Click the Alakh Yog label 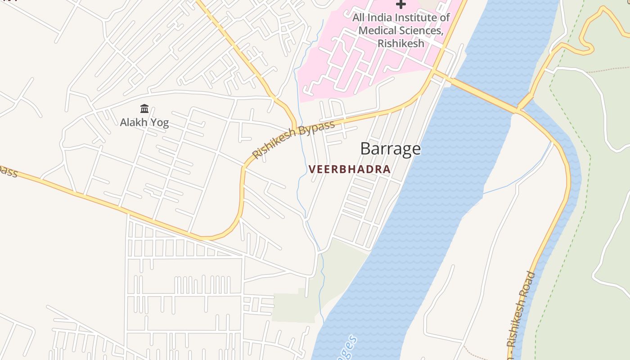point(144,122)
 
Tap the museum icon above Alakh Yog point(144,108)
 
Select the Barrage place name point(390,148)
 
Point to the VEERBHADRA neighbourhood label point(349,170)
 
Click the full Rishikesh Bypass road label point(293,139)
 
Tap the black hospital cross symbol point(400,4)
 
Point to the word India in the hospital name point(382,18)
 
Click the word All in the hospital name point(359,18)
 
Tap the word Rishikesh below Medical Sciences point(400,44)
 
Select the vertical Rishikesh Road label point(522,310)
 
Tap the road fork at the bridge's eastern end point(519,110)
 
